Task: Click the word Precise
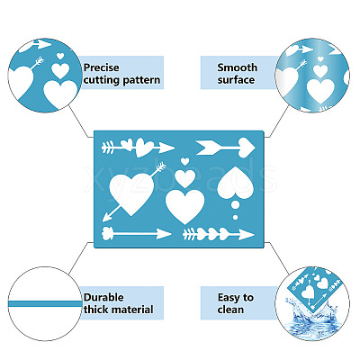(102, 67)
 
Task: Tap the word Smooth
(238, 67)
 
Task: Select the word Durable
(103, 297)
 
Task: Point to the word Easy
(229, 297)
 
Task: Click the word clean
(230, 310)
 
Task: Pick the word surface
(236, 80)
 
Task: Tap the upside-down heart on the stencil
(236, 183)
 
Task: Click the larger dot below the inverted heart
(236, 205)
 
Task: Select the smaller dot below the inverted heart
(236, 217)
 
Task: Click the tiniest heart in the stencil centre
(185, 161)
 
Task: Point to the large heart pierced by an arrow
(131, 193)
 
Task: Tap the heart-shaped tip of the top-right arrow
(247, 148)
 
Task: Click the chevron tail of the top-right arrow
(206, 148)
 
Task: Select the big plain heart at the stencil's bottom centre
(184, 206)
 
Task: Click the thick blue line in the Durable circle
(45, 304)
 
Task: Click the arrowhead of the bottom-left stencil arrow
(165, 234)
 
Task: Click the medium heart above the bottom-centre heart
(184, 178)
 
